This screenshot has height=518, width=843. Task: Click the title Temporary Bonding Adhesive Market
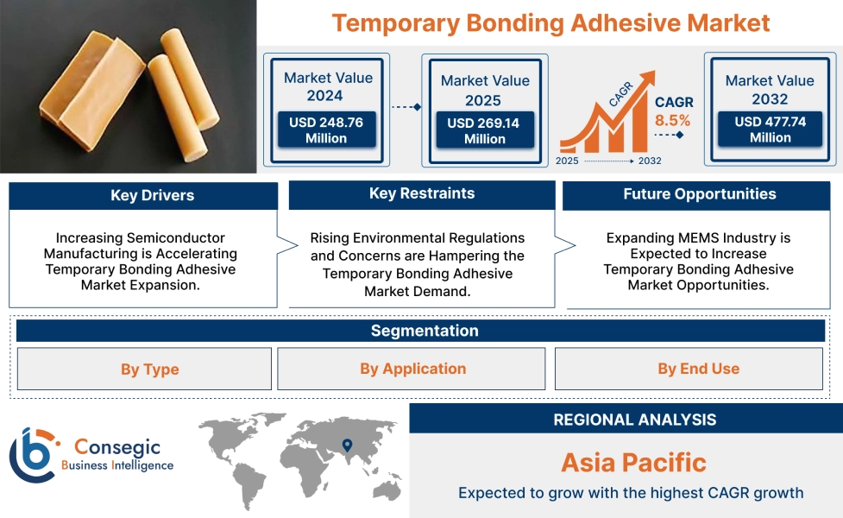click(x=550, y=22)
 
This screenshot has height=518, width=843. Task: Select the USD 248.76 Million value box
click(x=326, y=130)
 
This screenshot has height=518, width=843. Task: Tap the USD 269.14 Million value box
click(x=483, y=131)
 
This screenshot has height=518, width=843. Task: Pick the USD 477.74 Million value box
click(x=770, y=129)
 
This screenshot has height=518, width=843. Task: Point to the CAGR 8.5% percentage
click(x=672, y=121)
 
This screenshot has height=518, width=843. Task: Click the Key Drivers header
click(x=143, y=196)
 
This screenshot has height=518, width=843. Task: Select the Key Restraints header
click(x=421, y=194)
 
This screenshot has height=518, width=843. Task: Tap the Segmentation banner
click(x=424, y=331)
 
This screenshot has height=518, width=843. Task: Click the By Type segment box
click(x=144, y=370)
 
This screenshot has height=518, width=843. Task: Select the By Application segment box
click(x=412, y=369)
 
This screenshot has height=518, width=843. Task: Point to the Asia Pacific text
click(x=633, y=462)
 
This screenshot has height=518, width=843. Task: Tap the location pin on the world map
click(x=347, y=445)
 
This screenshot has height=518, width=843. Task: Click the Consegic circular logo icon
click(x=31, y=455)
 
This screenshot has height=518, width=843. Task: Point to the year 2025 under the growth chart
click(x=568, y=161)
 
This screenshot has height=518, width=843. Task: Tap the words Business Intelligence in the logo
click(x=117, y=465)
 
